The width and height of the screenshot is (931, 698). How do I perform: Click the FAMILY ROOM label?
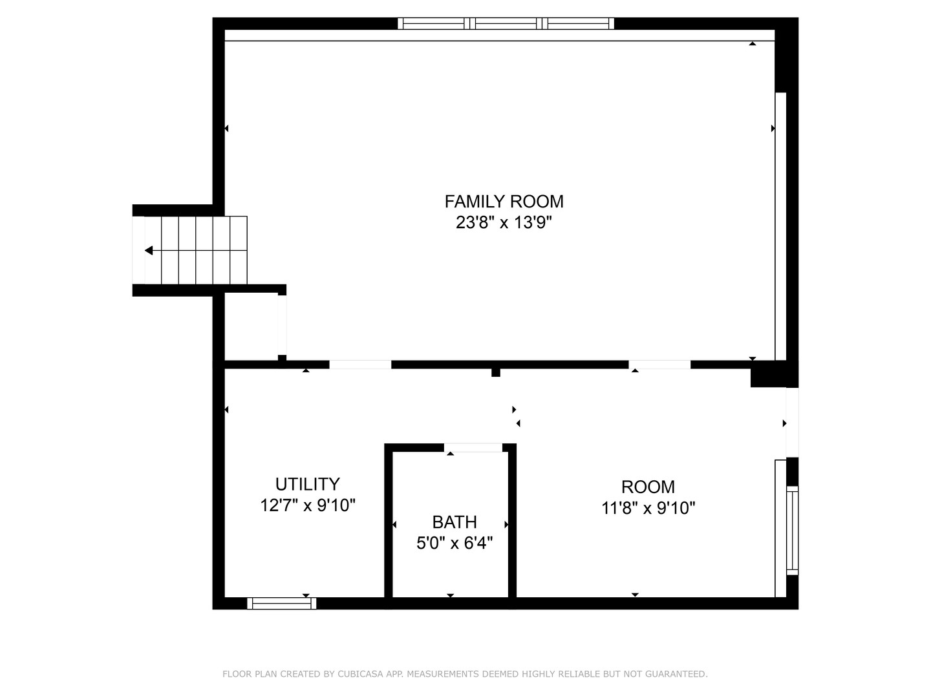click(504, 202)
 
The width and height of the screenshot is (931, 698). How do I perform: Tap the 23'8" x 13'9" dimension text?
click(504, 223)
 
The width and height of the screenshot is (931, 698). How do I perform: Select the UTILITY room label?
click(308, 484)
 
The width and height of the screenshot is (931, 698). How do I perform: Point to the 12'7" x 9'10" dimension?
click(308, 505)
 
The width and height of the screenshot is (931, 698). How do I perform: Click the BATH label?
click(455, 522)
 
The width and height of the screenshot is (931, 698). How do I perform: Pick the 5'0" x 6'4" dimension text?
click(455, 543)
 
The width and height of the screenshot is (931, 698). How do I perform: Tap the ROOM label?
click(648, 487)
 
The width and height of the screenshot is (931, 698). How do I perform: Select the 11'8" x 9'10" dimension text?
click(648, 508)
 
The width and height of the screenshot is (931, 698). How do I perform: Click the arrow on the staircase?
click(149, 250)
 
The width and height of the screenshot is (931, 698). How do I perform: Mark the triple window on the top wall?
click(506, 24)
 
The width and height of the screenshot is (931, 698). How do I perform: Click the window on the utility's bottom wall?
click(282, 603)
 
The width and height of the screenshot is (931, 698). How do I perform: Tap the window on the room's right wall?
click(792, 530)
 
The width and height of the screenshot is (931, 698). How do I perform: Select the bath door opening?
click(473, 447)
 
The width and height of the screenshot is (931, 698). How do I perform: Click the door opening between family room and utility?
click(360, 365)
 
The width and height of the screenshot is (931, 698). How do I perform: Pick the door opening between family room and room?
click(659, 365)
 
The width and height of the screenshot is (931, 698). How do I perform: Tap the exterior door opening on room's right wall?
click(792, 422)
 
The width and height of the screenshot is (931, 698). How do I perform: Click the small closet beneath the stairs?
click(251, 326)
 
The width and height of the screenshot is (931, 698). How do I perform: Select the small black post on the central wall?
click(496, 372)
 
